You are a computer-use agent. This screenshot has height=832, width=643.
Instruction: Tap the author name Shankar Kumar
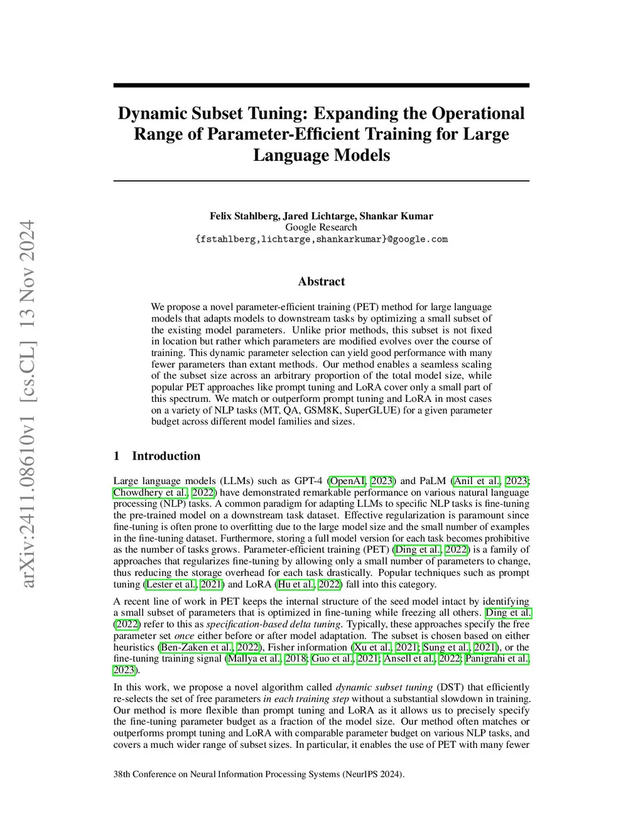click(x=396, y=216)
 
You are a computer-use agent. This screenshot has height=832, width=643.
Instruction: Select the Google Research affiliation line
click(x=321, y=227)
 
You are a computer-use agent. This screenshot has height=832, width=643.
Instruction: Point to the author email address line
click(x=321, y=239)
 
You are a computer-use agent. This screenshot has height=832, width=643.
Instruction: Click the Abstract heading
click(x=321, y=281)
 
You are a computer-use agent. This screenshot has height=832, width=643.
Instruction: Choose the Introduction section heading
click(x=166, y=456)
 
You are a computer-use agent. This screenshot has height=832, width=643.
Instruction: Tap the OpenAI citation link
click(x=347, y=481)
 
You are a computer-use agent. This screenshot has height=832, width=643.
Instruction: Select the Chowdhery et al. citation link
click(x=150, y=492)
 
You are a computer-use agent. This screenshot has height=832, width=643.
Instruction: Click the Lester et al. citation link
click(x=171, y=584)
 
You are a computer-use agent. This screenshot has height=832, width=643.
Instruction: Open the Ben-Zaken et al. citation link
click(x=197, y=647)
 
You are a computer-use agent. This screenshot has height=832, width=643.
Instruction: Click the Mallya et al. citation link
click(x=254, y=658)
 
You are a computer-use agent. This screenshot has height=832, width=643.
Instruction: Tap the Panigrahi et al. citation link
click(x=497, y=658)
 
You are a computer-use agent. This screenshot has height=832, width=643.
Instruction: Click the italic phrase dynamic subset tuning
click(x=384, y=687)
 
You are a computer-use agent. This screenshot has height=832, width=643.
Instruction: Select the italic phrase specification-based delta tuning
click(x=274, y=624)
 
